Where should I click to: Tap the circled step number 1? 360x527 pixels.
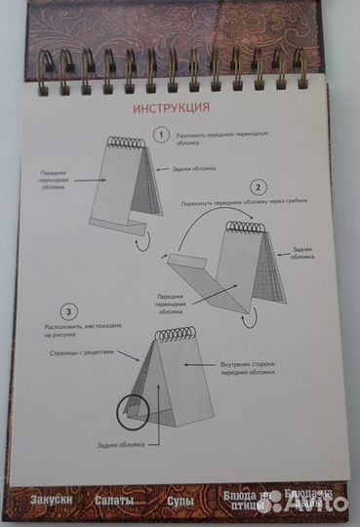pos(163,135)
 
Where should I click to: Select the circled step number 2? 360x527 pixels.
pos(258,185)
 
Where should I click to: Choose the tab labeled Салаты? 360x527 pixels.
pos(114,502)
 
